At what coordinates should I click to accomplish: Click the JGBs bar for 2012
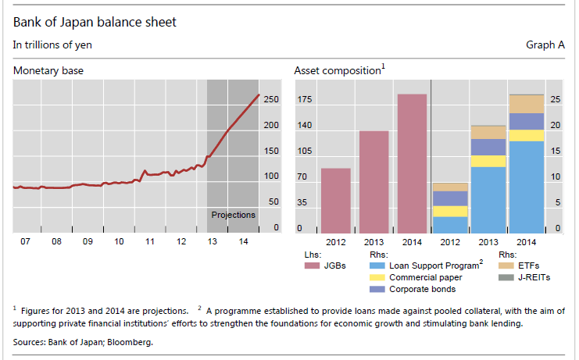click(335, 201)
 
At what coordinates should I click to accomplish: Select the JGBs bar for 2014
click(412, 164)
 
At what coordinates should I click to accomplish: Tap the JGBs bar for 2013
click(373, 182)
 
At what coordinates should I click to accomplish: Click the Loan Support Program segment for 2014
click(526, 187)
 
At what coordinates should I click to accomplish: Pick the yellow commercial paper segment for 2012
click(449, 212)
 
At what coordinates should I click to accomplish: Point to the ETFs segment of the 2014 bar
click(526, 105)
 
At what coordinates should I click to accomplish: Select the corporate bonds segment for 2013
click(488, 147)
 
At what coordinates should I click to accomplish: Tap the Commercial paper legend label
click(425, 277)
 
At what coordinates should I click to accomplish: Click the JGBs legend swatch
click(312, 266)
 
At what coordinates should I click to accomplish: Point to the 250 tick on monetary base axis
click(271, 99)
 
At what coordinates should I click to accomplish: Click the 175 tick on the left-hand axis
click(304, 99)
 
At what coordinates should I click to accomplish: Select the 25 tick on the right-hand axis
click(556, 99)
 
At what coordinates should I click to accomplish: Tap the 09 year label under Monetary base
click(87, 242)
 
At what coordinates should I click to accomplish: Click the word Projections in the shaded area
click(233, 215)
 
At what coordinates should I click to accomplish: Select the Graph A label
click(545, 45)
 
